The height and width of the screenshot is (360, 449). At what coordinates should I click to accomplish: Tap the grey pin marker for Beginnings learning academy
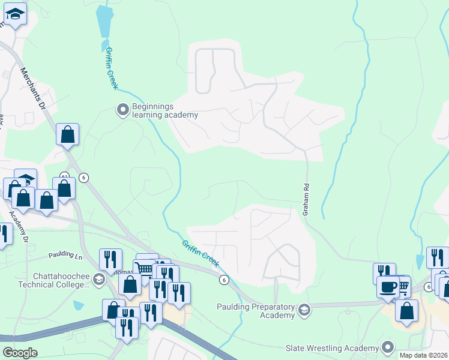122,109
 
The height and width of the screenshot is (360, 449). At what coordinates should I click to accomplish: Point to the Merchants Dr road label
33,88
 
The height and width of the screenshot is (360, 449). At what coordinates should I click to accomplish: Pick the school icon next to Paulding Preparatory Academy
304,310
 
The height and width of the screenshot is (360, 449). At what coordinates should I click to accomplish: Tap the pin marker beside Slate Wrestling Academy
388,347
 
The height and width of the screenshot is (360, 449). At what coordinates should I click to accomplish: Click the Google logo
20,353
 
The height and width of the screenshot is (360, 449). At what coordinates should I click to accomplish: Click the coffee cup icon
388,286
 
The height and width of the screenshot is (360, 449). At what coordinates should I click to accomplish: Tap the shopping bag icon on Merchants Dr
67,134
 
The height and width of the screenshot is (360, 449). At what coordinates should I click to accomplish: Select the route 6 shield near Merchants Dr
83,177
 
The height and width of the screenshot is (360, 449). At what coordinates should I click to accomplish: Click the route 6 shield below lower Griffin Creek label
224,280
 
